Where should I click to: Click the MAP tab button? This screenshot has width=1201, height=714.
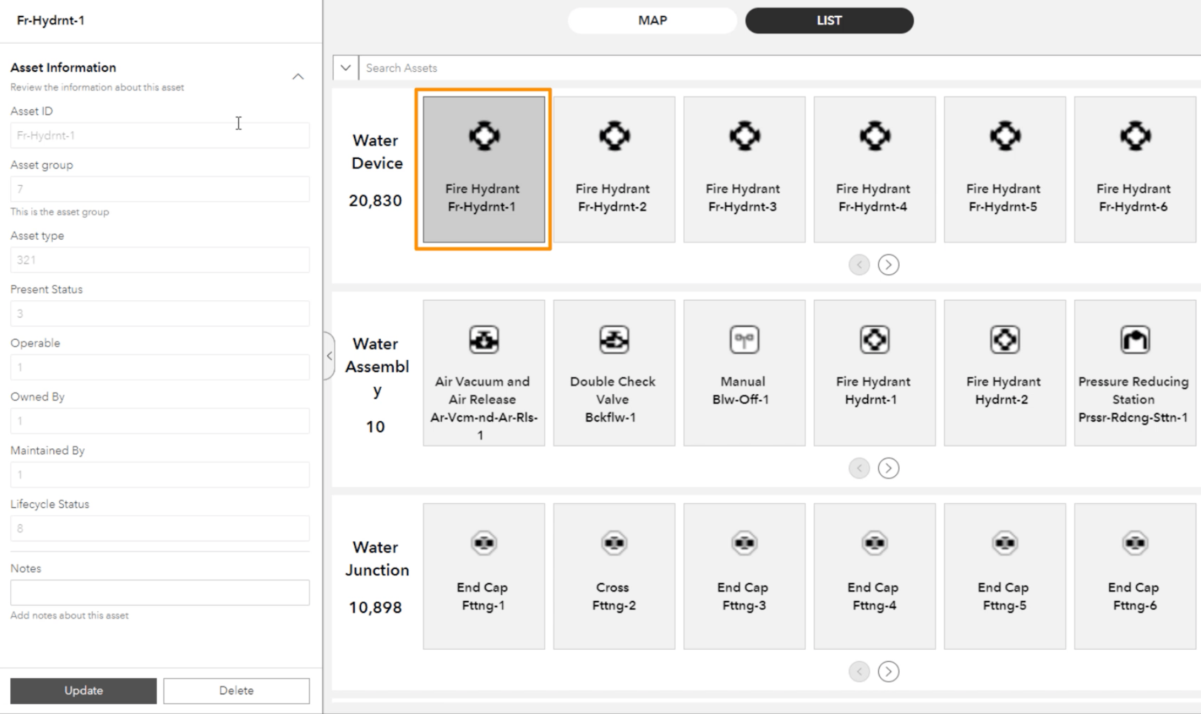point(652,21)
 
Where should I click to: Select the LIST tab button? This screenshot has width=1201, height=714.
point(829,21)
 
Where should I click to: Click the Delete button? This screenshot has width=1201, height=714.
point(237,690)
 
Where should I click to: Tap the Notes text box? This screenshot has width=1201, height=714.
point(160,592)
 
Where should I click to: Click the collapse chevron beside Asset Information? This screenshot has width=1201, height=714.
point(298,77)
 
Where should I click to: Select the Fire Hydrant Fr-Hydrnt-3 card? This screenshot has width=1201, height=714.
point(744,170)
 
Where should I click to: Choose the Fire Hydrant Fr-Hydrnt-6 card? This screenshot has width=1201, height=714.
point(1135,170)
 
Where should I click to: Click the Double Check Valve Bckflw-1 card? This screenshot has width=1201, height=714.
point(614,373)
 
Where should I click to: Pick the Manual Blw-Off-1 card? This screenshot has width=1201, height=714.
point(744,373)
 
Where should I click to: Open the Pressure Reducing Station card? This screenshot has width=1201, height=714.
point(1135,373)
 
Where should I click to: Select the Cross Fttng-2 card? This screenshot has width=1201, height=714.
point(614,576)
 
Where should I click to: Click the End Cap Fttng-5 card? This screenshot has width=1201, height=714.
point(1005,576)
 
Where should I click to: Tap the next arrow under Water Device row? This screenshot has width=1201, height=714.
point(888,265)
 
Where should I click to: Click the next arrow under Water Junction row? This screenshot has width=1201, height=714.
point(888,671)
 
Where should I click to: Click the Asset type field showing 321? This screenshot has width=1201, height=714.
point(160,260)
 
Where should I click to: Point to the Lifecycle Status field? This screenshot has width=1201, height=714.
point(160,528)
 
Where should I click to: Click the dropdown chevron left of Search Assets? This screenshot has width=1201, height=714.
point(346,68)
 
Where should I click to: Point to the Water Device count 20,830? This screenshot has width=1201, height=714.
point(375,201)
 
